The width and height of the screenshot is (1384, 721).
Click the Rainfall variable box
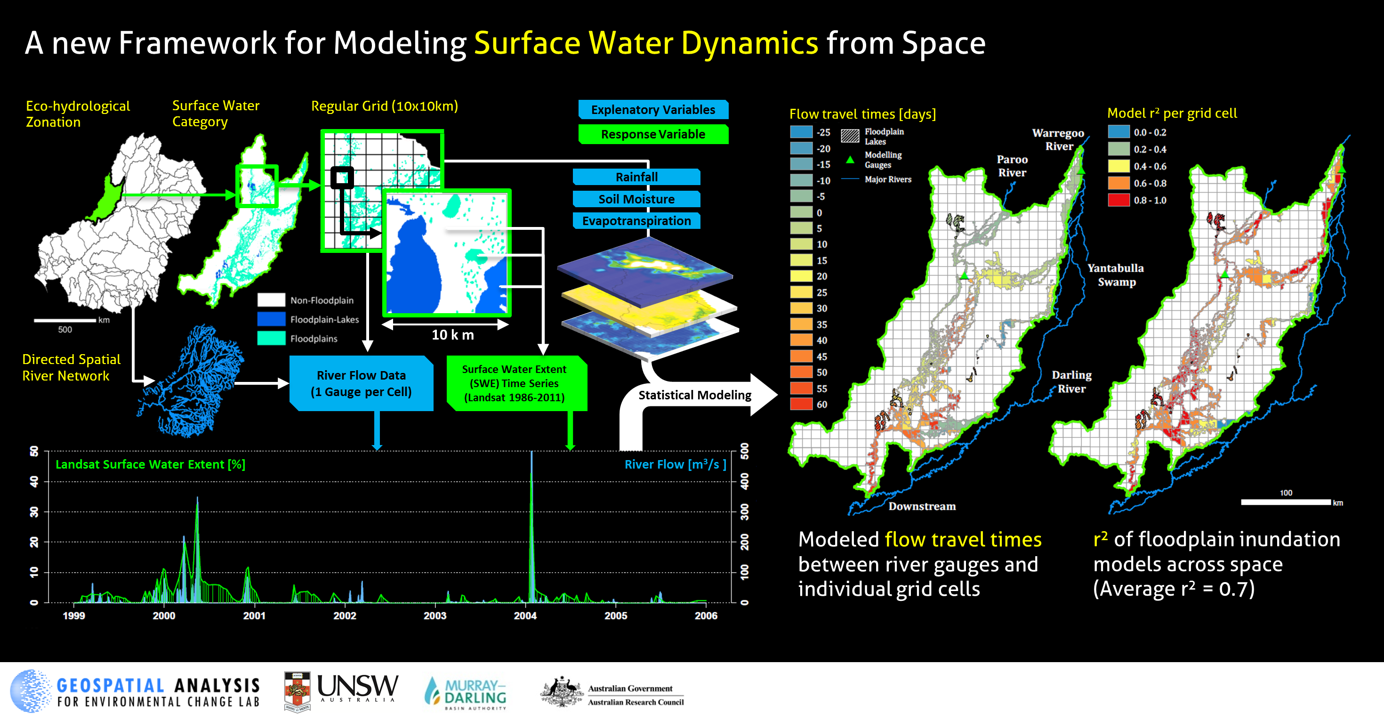coord(636,177)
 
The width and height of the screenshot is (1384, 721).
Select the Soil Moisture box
coord(636,199)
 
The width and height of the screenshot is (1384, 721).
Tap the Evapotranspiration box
coord(636,220)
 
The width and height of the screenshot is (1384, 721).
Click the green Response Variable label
coord(653,134)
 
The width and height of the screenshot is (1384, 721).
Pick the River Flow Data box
coord(362,383)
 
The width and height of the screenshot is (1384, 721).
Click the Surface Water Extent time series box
coord(516,383)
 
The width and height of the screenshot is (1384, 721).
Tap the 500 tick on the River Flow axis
coord(745,451)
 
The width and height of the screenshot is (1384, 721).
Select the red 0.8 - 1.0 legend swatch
coord(1118,200)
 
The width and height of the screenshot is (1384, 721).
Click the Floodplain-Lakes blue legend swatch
coord(271,319)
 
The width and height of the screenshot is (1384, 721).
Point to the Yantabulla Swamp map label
coord(1116,275)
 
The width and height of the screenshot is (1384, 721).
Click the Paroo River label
coord(1012,166)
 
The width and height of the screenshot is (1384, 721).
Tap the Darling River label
coord(1072,382)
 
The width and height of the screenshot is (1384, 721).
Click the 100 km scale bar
coord(1286,502)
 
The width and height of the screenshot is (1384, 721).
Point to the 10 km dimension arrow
coord(445,324)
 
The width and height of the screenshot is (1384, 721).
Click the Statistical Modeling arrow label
coord(695,395)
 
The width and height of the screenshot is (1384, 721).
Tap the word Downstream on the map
coord(922,506)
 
